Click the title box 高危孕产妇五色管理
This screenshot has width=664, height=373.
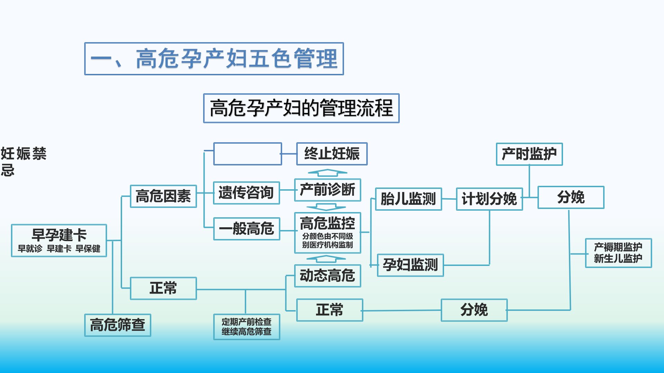[x=214, y=59]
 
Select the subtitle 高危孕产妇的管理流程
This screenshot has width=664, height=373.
[x=301, y=108]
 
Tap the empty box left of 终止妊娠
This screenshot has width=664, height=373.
[x=248, y=154]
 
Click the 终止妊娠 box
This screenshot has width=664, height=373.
[x=332, y=154]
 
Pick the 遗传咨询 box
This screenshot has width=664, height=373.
[x=246, y=193]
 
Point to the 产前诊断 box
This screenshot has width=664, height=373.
[x=328, y=190]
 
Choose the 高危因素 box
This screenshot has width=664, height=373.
[x=163, y=196]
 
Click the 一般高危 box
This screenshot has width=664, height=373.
[x=247, y=229]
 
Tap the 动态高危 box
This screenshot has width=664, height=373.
[x=328, y=276]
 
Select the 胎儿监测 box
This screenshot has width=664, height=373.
[x=408, y=199]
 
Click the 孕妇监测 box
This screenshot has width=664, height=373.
[x=410, y=265]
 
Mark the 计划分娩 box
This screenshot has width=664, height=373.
[x=489, y=199]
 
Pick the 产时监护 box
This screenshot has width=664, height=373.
[x=529, y=154]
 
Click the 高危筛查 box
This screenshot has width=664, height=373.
[x=118, y=325]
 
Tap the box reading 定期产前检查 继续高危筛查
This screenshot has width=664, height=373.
[x=247, y=327]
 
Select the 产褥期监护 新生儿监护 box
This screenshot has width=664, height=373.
[x=618, y=253]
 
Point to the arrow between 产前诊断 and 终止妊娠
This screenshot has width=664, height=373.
[x=327, y=172]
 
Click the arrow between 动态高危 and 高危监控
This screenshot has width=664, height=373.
[x=326, y=259]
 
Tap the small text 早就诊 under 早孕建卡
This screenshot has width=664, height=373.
[x=30, y=249]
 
